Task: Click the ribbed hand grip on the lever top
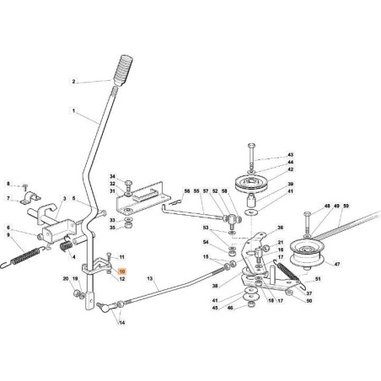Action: click(x=123, y=70)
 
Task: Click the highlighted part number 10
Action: click(x=122, y=271)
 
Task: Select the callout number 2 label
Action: click(x=73, y=82)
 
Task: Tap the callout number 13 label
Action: click(x=150, y=279)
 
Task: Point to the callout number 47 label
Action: click(x=337, y=264)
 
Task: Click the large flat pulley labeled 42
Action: click(x=251, y=184)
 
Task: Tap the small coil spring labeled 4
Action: click(x=67, y=245)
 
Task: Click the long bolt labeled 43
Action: click(x=251, y=156)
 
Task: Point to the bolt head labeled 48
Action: click(x=307, y=214)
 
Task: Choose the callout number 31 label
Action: click(x=112, y=190)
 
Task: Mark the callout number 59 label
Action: click(x=346, y=206)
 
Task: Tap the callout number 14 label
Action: click(x=122, y=323)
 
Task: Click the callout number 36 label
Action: click(x=281, y=228)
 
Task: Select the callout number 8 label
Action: click(x=8, y=184)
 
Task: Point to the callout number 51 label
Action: click(x=318, y=279)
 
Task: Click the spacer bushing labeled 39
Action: click(x=251, y=201)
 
